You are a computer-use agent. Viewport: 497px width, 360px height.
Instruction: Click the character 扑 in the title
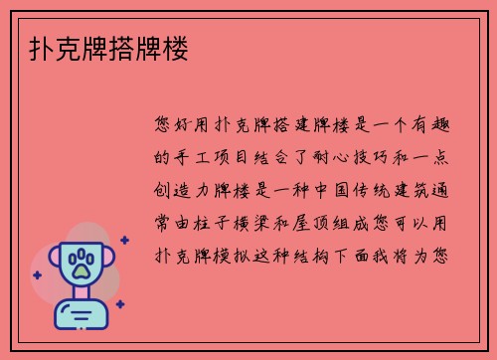point(30,46)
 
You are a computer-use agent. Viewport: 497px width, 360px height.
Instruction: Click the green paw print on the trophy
point(82,266)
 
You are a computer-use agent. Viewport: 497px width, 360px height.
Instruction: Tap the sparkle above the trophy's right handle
point(124,240)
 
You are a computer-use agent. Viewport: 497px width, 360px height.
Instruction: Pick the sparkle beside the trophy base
point(119,304)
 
